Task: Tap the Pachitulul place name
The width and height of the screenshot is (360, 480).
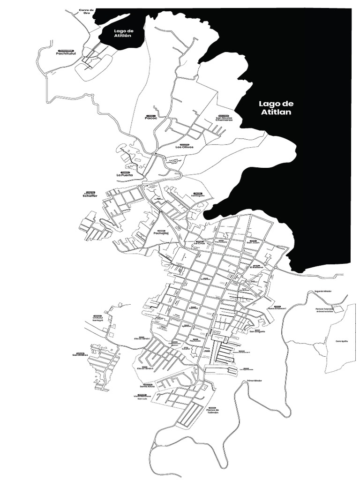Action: point(66,54)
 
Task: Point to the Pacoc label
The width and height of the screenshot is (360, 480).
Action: point(151,118)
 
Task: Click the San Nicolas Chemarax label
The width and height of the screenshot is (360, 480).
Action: point(224,119)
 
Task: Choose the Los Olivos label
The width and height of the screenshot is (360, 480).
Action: point(184,147)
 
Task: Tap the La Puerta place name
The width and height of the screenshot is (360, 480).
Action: point(125,175)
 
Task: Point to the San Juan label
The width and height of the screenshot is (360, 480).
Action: point(253,243)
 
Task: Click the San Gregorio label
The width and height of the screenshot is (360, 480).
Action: point(257,332)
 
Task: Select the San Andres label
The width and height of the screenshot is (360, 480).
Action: point(80,355)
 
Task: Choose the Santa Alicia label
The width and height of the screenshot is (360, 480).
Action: point(147,386)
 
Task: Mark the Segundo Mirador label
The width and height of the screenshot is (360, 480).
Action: point(323,291)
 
